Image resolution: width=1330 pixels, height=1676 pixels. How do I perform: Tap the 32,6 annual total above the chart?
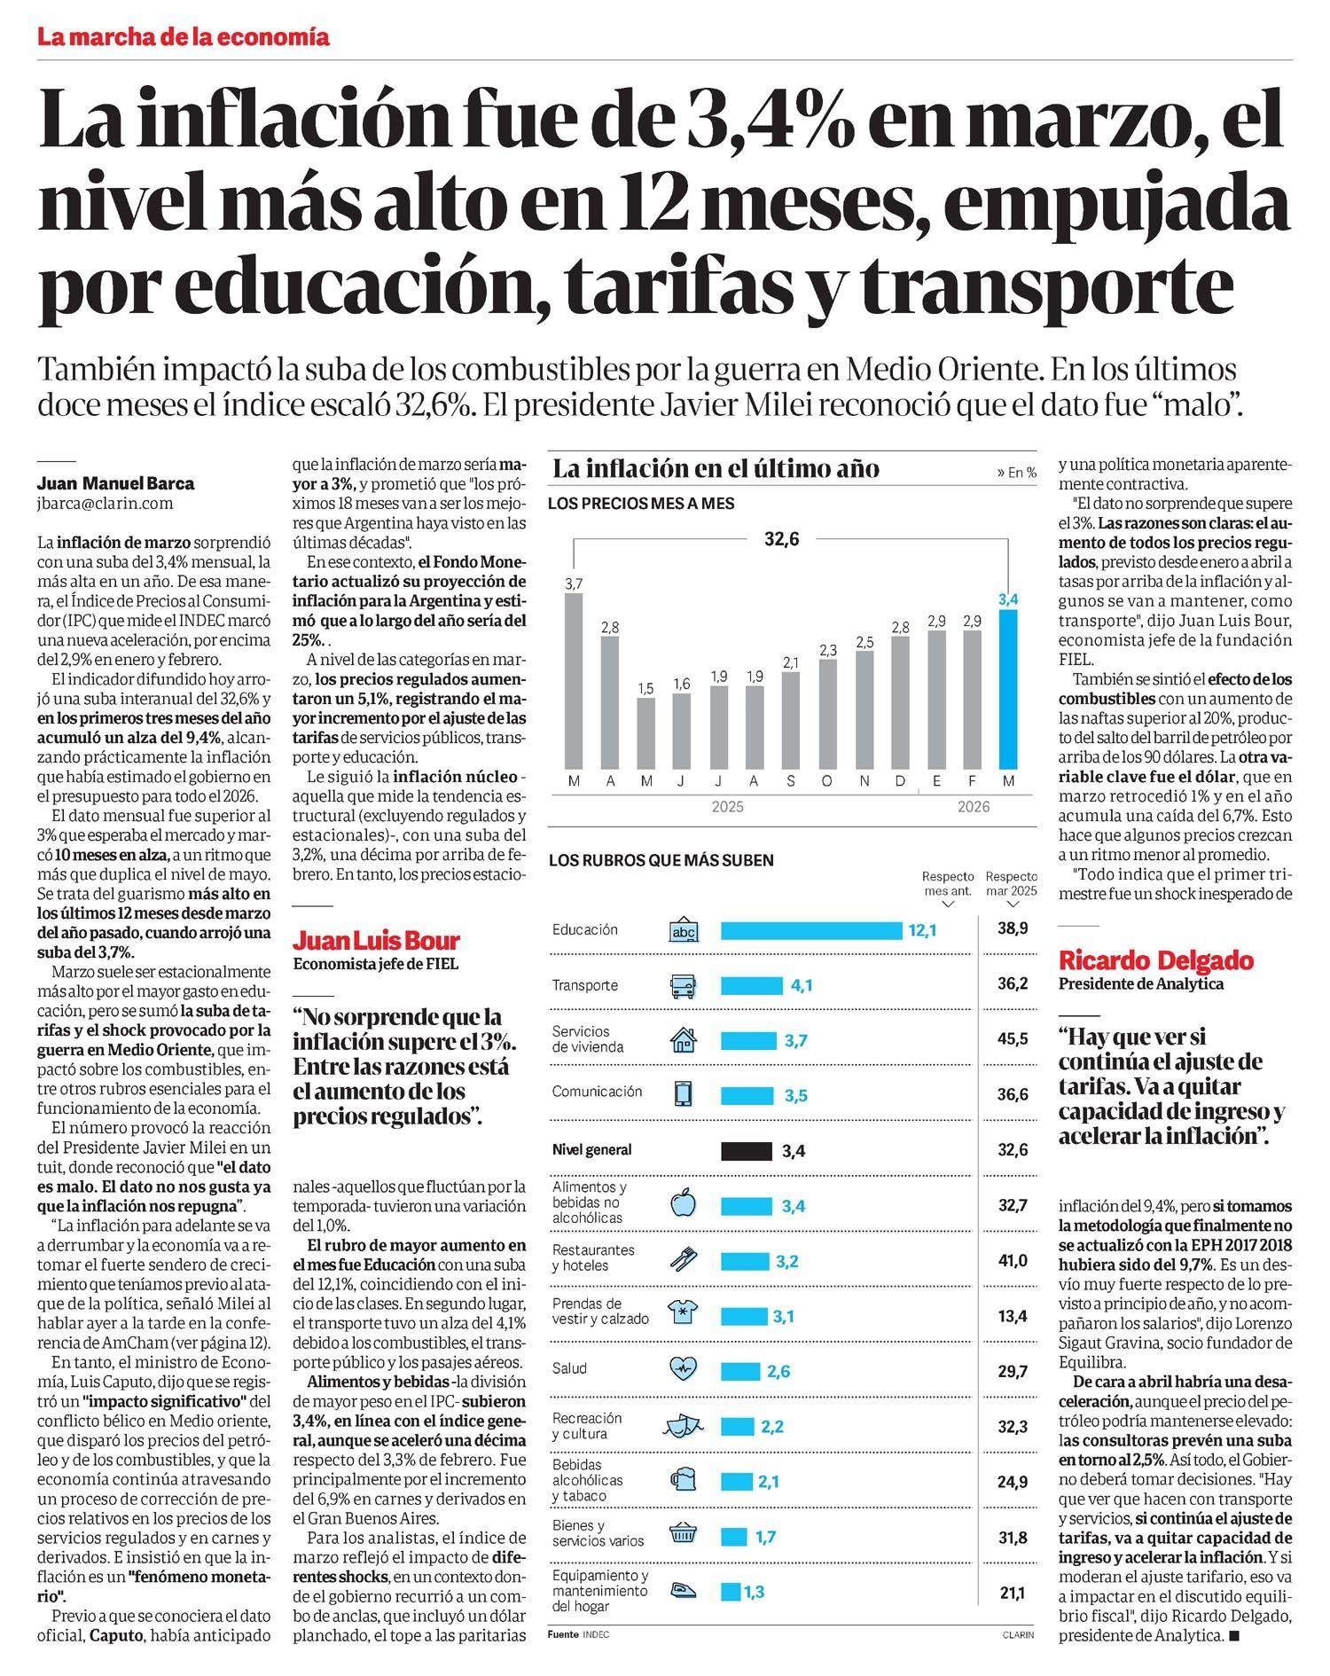click(781, 538)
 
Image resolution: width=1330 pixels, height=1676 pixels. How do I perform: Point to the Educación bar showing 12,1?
click(810, 930)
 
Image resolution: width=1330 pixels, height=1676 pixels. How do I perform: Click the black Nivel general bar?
click(746, 1151)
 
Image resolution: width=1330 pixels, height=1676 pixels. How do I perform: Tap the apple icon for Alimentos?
click(684, 1203)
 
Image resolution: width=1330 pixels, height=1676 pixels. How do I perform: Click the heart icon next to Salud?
click(684, 1371)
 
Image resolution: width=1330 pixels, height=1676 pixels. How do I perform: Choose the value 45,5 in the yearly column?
click(1012, 1039)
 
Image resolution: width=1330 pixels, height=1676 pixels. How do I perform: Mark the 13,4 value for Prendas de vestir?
click(1012, 1316)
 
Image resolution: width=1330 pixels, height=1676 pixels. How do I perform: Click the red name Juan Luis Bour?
click(377, 940)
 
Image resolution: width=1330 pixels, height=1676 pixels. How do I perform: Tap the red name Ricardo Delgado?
click(1156, 959)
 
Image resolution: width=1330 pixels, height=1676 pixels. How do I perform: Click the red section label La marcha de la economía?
click(184, 37)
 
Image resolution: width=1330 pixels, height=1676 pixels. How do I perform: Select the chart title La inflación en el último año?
click(716, 468)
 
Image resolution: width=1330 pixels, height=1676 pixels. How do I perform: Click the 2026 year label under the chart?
click(973, 807)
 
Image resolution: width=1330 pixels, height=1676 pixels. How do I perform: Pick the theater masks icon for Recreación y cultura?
click(682, 1426)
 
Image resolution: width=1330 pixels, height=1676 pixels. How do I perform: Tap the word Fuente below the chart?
click(563, 1635)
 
